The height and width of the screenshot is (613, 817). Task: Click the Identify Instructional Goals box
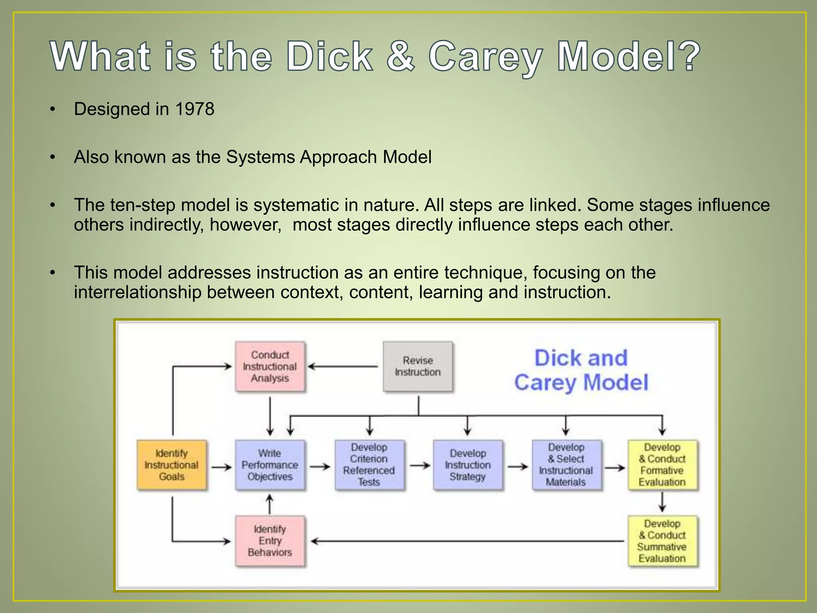[x=172, y=465]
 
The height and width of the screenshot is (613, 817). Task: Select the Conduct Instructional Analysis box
[x=270, y=366]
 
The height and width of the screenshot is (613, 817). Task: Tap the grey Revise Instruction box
[x=418, y=366]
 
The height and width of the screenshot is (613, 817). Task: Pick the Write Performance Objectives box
[x=270, y=465]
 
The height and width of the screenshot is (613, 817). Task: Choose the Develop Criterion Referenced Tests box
[x=369, y=465]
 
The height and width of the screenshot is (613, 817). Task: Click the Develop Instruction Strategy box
[x=468, y=465]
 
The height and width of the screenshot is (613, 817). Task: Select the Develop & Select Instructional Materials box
[x=566, y=465]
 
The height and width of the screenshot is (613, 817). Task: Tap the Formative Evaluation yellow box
[x=662, y=465]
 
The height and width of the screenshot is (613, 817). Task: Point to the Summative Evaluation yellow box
[x=662, y=541]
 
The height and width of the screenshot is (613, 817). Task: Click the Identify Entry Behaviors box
[x=270, y=541]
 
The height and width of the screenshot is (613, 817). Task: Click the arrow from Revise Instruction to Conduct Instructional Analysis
[x=343, y=366]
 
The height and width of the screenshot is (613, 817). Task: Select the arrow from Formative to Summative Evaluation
[x=662, y=502]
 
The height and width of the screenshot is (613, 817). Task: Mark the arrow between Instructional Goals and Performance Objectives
[x=221, y=467]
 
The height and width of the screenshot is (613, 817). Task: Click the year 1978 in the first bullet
[x=195, y=109]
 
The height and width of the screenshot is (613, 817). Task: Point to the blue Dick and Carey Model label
[x=581, y=370]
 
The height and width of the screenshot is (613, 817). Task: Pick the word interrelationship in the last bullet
[x=137, y=293]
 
